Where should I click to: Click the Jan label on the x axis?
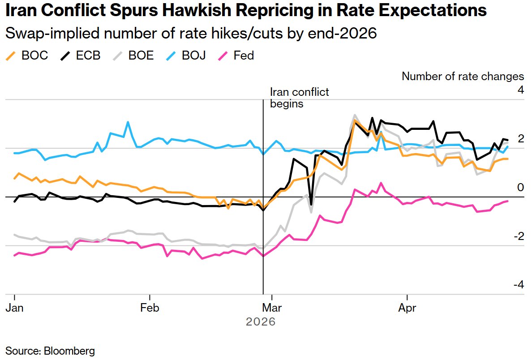pos(15,309)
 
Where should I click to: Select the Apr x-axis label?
pos(407,309)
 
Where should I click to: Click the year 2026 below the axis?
pos(261,321)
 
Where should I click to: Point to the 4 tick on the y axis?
pos(520,90)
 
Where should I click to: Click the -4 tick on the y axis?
pos(518,285)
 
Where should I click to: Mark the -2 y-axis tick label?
pos(518,236)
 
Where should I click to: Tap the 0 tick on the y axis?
pos(520,187)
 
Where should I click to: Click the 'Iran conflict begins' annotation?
pos(299,98)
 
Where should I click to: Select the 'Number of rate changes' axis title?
pos(463,76)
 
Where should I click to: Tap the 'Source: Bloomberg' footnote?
pos(50,351)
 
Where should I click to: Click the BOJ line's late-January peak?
pos(128,122)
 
